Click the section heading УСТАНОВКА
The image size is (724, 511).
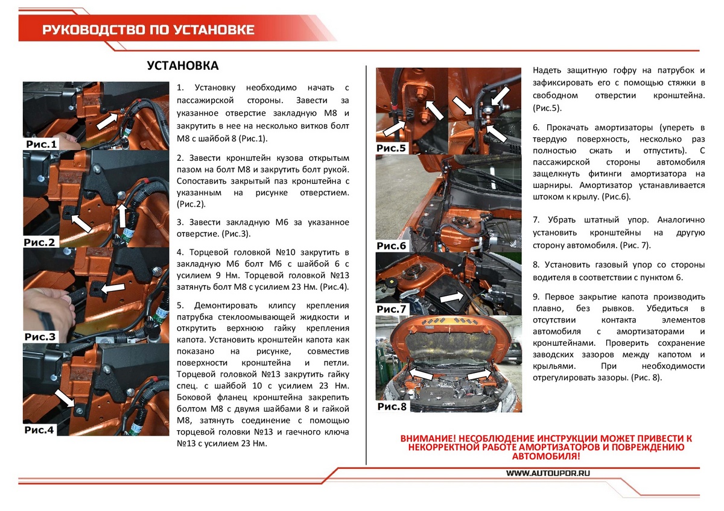click(183, 66)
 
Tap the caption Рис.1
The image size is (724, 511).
click(41, 145)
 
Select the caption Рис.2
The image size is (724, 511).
click(39, 242)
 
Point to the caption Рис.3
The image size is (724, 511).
click(40, 336)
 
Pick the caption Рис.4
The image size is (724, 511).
click(39, 430)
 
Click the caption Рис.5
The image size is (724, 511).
click(392, 148)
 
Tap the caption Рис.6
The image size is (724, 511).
click(392, 246)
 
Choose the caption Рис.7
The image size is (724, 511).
click(392, 309)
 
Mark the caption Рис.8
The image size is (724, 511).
click(392, 407)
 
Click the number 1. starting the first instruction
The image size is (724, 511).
click(180, 88)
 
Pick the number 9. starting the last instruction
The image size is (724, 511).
click(536, 297)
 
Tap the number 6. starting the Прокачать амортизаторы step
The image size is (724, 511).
click(536, 128)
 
